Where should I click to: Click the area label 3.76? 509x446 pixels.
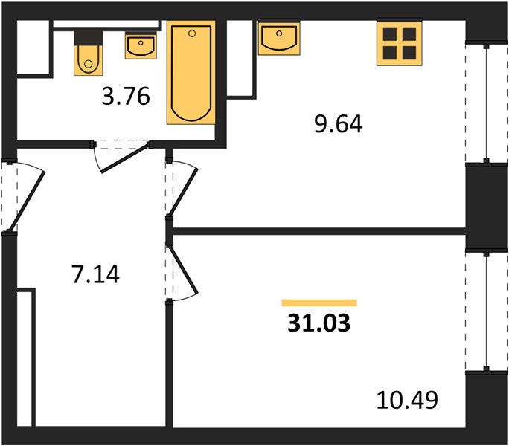pos(126,97)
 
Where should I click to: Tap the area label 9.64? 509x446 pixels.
pos(339,124)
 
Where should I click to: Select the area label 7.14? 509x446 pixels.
pos(95,274)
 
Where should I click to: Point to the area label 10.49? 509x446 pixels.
pos(407,400)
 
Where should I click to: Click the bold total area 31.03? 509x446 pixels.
pos(318,323)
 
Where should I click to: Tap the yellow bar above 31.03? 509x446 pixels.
pos(319,303)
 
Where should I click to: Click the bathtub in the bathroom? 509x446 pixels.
pos(191,72)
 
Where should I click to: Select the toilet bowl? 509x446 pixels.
pos(89,60)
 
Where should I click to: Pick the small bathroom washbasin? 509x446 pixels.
pos(141,46)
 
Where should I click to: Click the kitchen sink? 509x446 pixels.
pos(279,37)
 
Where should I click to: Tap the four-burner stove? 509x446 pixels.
pos(400,43)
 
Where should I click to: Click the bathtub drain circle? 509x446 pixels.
pos(192,33)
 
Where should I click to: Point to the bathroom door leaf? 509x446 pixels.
pos(125,158)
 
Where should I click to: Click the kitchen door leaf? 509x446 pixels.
pos(183,193)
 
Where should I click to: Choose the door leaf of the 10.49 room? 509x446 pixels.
pos(183,269)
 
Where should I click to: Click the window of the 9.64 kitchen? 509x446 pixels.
pos(486,103)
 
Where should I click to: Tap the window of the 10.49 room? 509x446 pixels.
pos(486,311)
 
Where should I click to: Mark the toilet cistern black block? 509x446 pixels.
pos(89,38)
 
